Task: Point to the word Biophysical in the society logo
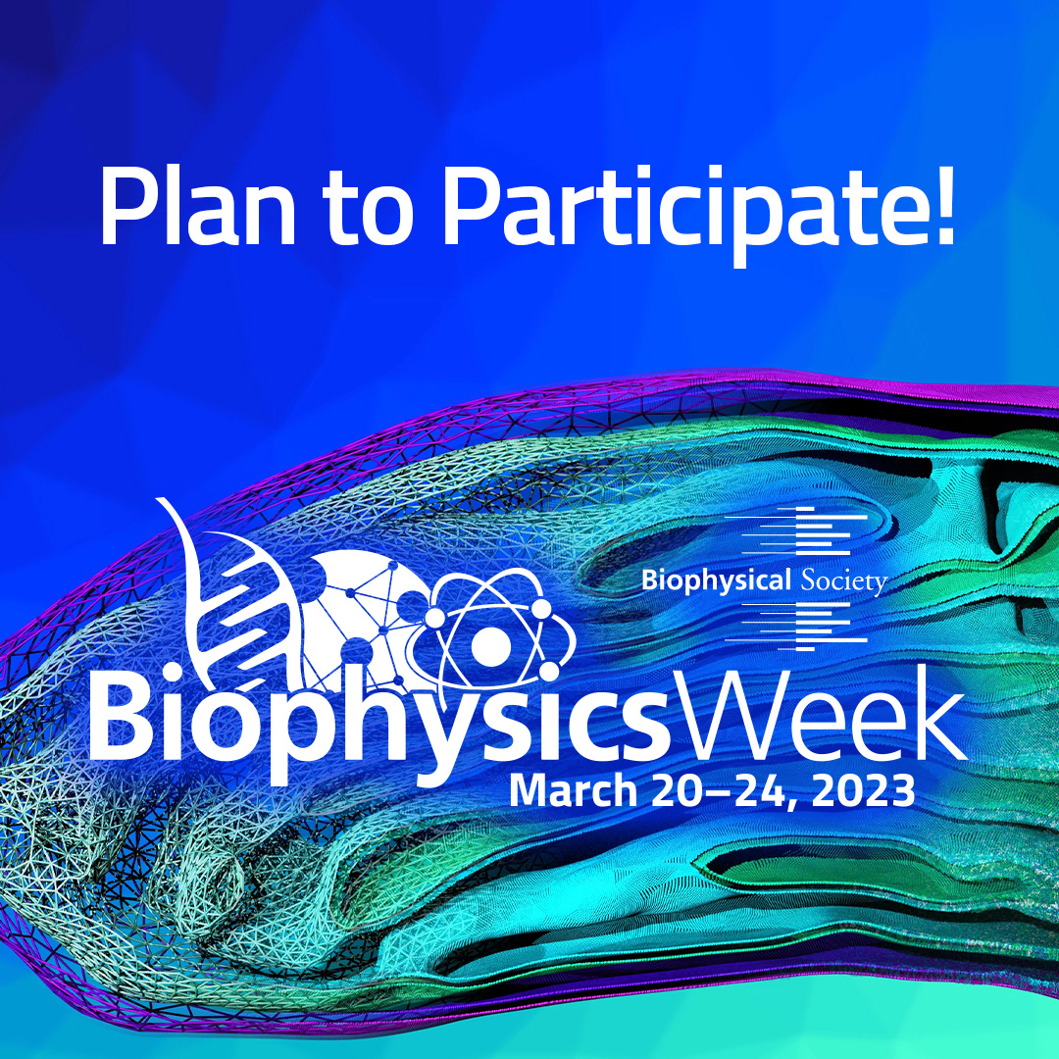716,580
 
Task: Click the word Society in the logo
843,581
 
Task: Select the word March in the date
573,791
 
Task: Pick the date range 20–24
720,791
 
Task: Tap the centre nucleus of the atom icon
490,644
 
